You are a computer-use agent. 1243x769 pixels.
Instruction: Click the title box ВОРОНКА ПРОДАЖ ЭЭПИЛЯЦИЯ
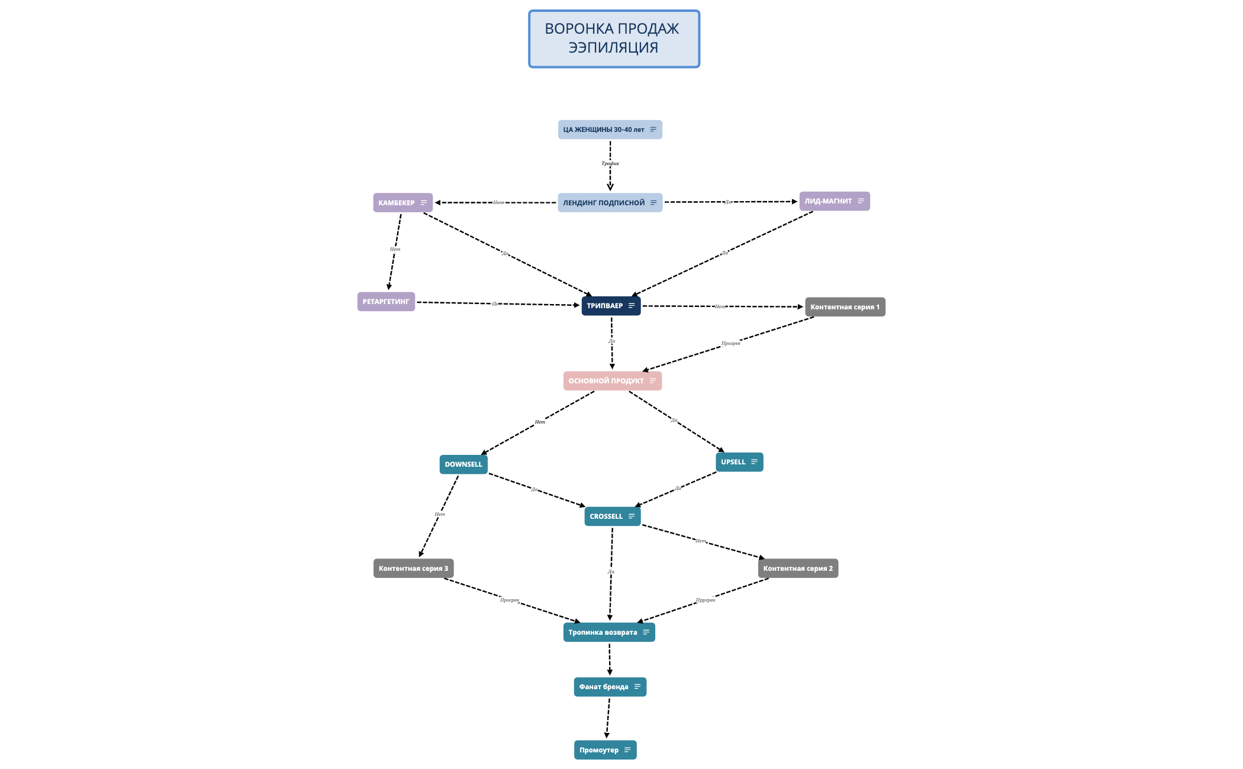614,38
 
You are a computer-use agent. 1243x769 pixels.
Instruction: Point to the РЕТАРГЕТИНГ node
386,302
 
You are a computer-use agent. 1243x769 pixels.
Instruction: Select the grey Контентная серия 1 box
845,307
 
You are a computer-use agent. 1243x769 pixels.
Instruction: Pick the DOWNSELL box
463,464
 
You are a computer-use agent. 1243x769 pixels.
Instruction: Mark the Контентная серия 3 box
413,568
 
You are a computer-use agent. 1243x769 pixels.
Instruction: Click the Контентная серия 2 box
798,568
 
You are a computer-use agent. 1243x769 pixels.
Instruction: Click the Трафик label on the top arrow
610,163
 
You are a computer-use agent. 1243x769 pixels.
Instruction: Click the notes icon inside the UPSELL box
754,462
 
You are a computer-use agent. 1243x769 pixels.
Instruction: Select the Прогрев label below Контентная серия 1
730,343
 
